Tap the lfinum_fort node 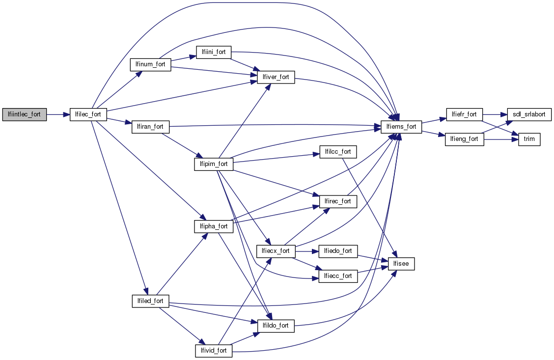click(x=150, y=65)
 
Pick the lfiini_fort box click(x=214, y=53)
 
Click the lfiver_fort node click(x=276, y=77)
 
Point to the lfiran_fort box click(x=150, y=127)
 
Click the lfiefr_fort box click(x=464, y=114)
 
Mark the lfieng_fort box click(x=464, y=139)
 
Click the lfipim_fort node click(x=214, y=164)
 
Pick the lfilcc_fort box click(x=338, y=152)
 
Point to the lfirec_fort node click(x=338, y=201)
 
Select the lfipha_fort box click(x=214, y=226)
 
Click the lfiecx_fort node click(x=276, y=251)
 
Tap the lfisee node click(x=402, y=264)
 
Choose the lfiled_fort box click(x=150, y=301)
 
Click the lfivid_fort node click(x=214, y=351)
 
